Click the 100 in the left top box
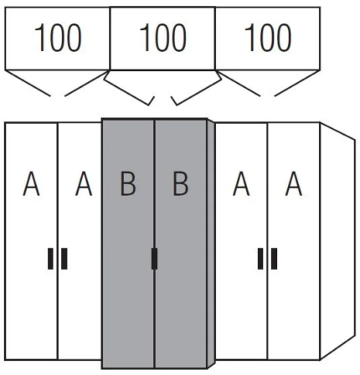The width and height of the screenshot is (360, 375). click(x=58, y=38)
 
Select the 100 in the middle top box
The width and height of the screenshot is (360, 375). click(x=163, y=38)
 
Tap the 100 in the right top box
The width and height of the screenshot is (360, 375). click(x=268, y=38)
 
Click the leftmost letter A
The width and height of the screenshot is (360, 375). click(x=31, y=184)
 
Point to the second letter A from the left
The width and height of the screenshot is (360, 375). click(x=84, y=184)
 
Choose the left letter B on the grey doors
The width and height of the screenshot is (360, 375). click(x=128, y=184)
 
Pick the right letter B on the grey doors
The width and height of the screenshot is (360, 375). click(x=181, y=184)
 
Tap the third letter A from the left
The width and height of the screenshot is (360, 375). click(x=241, y=184)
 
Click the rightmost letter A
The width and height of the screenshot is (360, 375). click(x=294, y=184)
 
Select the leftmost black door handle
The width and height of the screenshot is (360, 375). click(x=50, y=259)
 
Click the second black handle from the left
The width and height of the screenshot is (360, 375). click(x=64, y=259)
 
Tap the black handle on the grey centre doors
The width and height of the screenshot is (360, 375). click(x=154, y=259)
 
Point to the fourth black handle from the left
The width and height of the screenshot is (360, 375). click(x=260, y=259)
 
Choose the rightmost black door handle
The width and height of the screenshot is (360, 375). click(x=274, y=259)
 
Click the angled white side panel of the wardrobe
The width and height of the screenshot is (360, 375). click(x=337, y=241)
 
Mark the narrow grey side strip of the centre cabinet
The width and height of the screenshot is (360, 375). click(x=211, y=244)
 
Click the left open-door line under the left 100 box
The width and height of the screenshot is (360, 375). click(x=28, y=83)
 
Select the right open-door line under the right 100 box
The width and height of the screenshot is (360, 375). click(x=297, y=83)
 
